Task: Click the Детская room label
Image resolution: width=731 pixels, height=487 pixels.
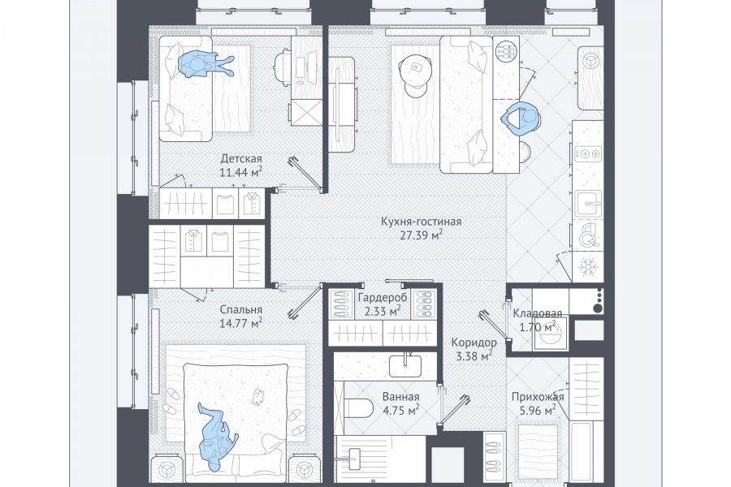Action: pyautogui.click(x=241, y=158)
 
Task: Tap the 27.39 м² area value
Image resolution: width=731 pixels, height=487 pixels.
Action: pyautogui.click(x=421, y=235)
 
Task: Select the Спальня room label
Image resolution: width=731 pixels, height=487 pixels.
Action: pyautogui.click(x=240, y=309)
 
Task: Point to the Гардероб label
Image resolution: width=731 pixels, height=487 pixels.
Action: pyautogui.click(x=383, y=297)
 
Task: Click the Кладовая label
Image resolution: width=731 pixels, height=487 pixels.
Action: pyautogui.click(x=537, y=313)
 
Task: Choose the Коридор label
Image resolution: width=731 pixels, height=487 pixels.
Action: pyautogui.click(x=474, y=343)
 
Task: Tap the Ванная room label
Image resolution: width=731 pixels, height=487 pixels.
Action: pyautogui.click(x=400, y=397)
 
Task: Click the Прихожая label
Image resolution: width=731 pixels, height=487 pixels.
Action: pyautogui.click(x=538, y=397)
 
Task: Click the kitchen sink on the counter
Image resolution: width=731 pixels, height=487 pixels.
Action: pyautogui.click(x=588, y=203)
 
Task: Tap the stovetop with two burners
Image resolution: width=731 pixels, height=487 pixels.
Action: pyautogui.click(x=588, y=153)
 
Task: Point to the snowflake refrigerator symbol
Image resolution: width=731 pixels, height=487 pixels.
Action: pyautogui.click(x=588, y=268)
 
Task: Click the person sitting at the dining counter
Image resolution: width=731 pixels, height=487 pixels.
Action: pyautogui.click(x=521, y=119)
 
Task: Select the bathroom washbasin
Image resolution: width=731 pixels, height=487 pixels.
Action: pyautogui.click(x=404, y=366)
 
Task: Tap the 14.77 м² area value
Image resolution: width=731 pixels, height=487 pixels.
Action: pyautogui.click(x=240, y=322)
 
